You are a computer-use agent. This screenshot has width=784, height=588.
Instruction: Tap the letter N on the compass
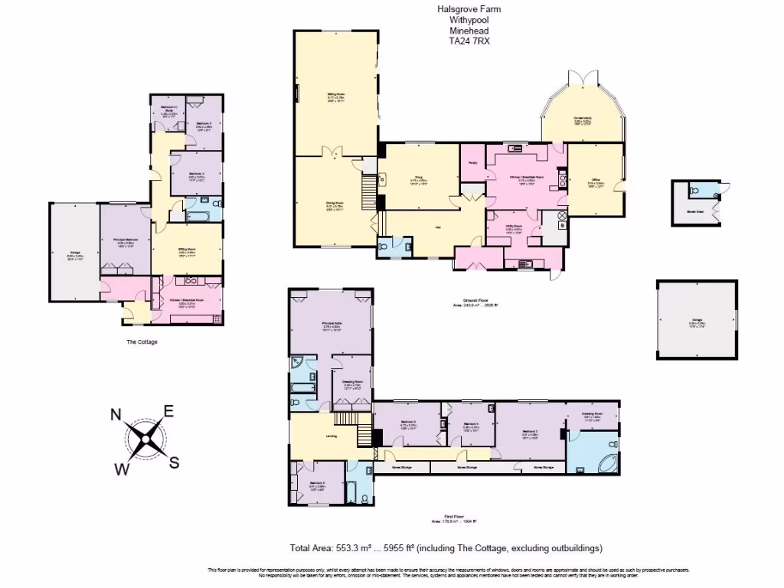(x=116, y=414)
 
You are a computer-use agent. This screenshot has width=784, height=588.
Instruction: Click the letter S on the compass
(x=175, y=462)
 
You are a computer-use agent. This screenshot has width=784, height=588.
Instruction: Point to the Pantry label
(x=471, y=162)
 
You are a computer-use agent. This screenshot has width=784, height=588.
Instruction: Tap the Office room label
(x=596, y=183)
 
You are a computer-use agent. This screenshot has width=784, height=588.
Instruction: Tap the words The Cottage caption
(x=142, y=341)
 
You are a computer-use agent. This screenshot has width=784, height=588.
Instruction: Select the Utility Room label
(x=513, y=227)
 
